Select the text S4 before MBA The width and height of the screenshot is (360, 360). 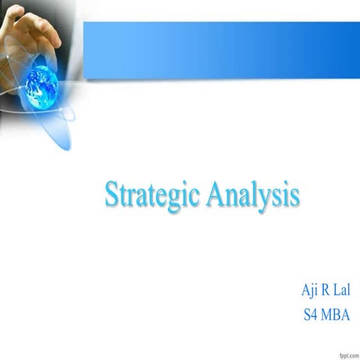click(310, 314)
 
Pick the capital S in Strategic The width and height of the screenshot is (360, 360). click(110, 195)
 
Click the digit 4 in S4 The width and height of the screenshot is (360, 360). click(313, 314)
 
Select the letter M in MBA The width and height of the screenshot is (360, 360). click(327, 314)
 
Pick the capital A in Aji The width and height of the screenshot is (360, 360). click(304, 290)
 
